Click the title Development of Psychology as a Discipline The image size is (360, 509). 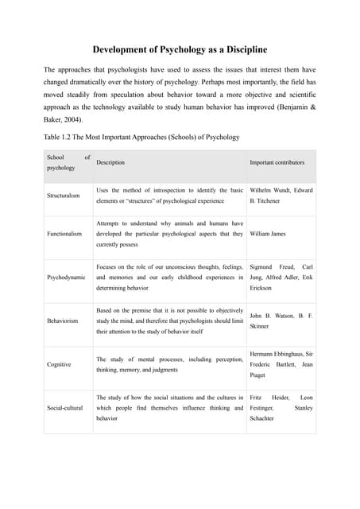pos(179,50)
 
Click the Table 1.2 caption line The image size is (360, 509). pos(141,137)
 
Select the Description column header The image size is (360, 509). pos(110,162)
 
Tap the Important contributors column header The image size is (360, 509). pos(277,162)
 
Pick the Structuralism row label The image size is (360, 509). pos(64,196)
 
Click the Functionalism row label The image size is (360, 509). pos(64,234)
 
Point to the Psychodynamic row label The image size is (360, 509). pos(66,278)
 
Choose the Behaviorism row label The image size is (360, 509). pos(64,321)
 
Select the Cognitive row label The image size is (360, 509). pos(59,364)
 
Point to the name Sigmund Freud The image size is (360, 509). pos(272,267)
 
